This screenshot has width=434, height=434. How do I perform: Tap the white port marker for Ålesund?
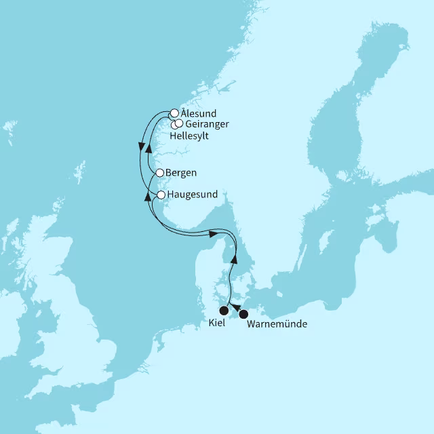tap(174, 113)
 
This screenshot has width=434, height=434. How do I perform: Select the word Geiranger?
tap(207, 124)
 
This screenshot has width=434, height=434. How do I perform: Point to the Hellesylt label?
tap(189, 136)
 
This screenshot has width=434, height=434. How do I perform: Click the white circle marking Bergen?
tap(160, 173)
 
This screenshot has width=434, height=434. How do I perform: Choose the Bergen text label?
tap(180, 173)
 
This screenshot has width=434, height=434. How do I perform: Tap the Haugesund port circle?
tap(161, 195)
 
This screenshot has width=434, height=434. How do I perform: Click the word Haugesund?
tap(193, 195)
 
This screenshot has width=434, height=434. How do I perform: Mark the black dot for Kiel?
tap(224, 311)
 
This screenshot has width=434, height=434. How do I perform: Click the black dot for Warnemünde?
tap(243, 314)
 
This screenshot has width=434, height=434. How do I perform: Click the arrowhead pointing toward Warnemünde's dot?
tap(235, 309)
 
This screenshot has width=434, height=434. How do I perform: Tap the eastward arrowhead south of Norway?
tap(212, 233)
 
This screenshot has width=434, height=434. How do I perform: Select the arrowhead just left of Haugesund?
tap(149, 196)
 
